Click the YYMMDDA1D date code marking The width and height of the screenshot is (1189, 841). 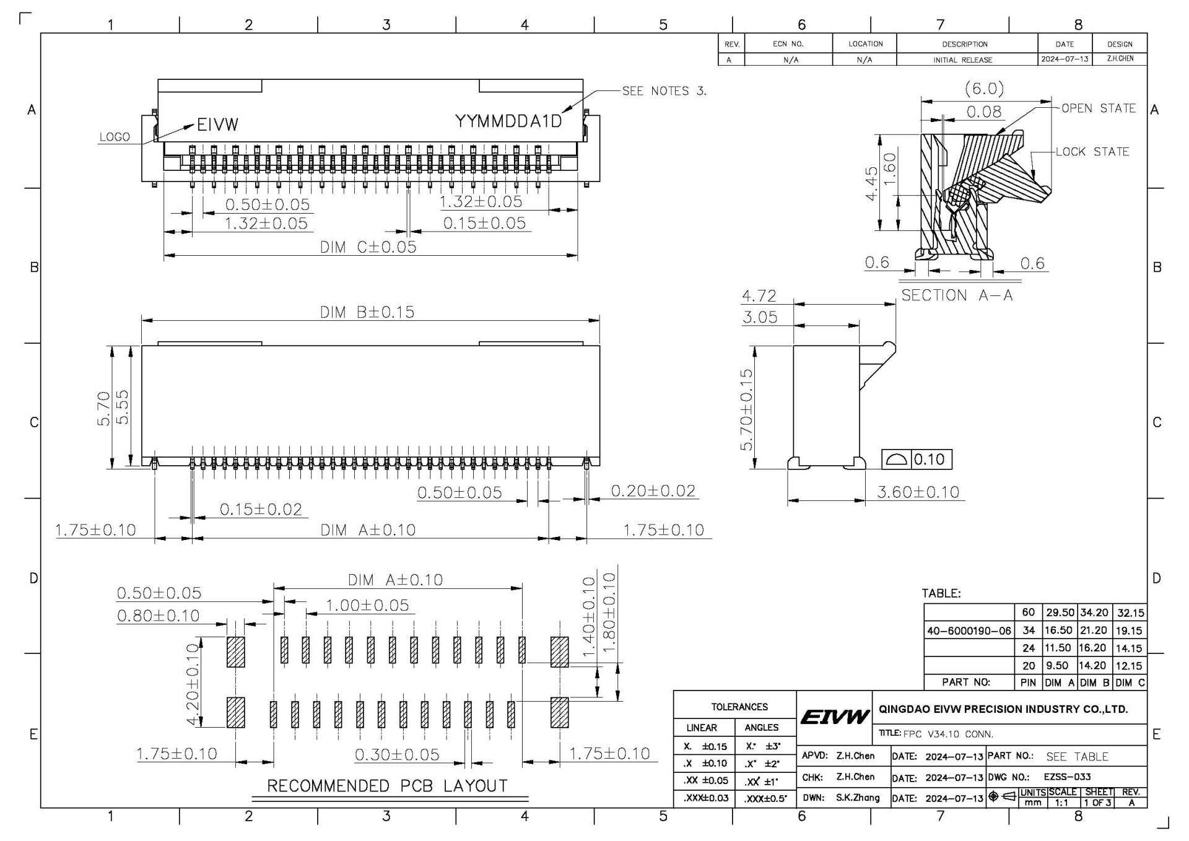(x=508, y=121)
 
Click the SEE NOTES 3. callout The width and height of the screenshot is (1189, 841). (x=664, y=91)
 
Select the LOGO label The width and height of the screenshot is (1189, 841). (x=115, y=137)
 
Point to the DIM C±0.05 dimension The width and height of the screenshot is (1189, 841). (x=368, y=246)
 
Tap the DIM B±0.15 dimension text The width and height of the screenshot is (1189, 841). (x=367, y=312)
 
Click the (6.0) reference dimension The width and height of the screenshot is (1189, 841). (x=984, y=89)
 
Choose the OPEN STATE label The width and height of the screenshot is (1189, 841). (x=1099, y=108)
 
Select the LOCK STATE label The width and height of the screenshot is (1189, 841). (x=1092, y=152)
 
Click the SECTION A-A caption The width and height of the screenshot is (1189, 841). (x=957, y=295)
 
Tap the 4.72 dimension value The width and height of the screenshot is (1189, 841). (x=759, y=296)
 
